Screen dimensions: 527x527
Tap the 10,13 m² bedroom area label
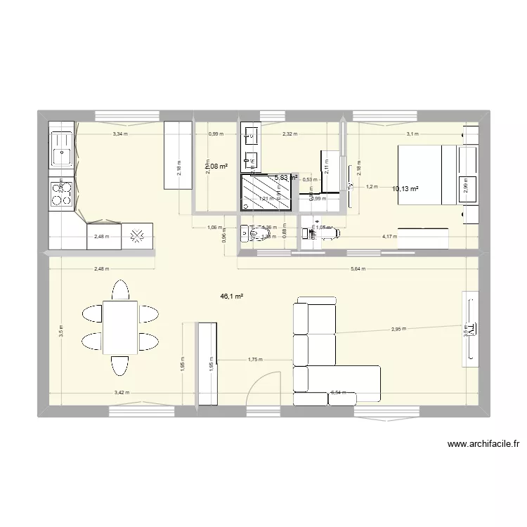point(405,188)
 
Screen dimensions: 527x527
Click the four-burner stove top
point(60,194)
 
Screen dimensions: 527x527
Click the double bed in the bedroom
point(427,174)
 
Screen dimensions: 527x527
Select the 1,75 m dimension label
point(254,360)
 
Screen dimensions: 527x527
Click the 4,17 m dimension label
point(389,237)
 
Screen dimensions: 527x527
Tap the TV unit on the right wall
point(469,328)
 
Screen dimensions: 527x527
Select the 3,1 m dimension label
point(412,134)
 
